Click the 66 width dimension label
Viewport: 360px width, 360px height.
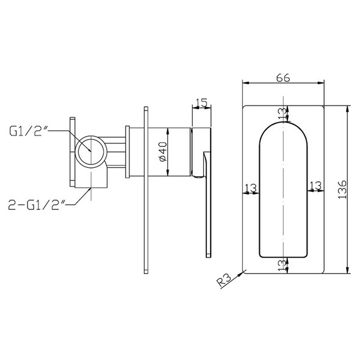(283, 77)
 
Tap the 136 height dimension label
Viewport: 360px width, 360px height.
(342, 190)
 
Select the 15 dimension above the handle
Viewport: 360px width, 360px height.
(202, 103)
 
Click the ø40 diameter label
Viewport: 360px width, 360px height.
(163, 152)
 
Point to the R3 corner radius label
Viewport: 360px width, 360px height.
(224, 281)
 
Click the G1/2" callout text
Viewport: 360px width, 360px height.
(28, 131)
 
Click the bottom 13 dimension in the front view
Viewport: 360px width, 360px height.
(283, 265)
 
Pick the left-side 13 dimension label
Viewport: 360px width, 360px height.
(251, 188)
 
